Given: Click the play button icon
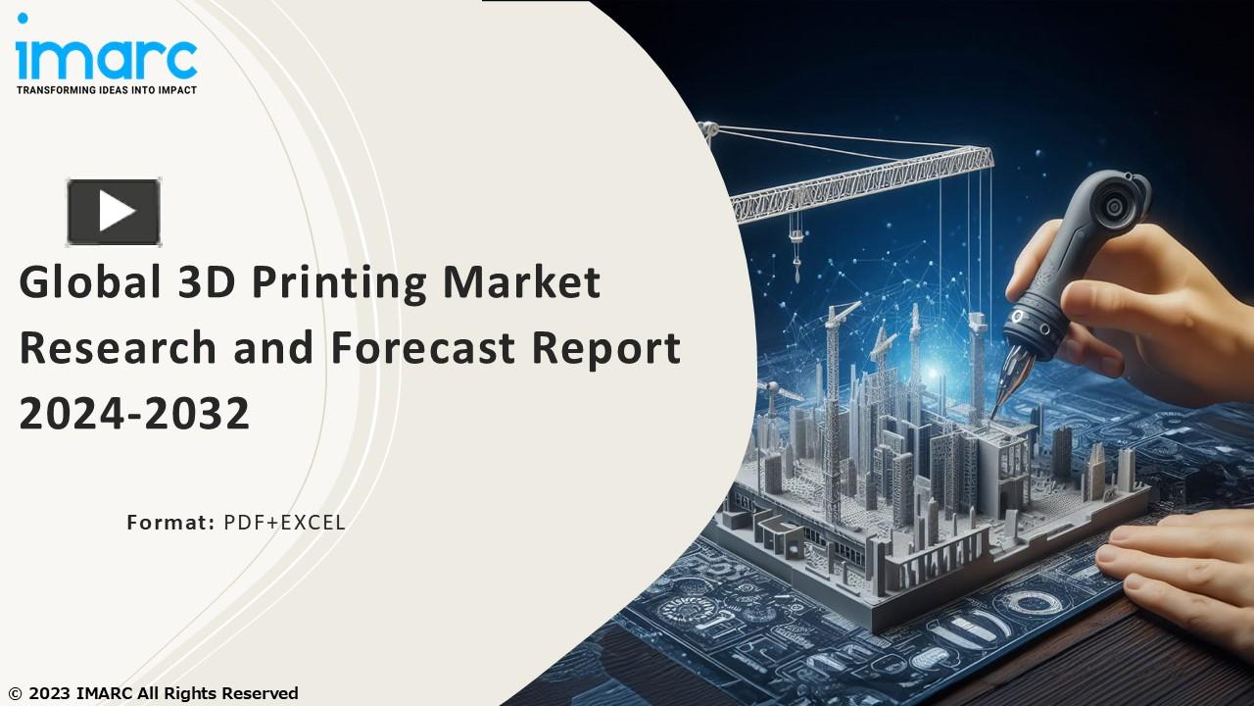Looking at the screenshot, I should click(x=114, y=212).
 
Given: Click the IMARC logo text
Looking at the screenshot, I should click(x=106, y=58).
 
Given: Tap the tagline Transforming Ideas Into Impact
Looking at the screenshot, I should click(x=106, y=90).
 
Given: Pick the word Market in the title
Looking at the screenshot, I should click(x=521, y=283).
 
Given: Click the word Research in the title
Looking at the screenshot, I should click(x=118, y=349).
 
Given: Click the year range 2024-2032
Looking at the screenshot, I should click(x=135, y=414).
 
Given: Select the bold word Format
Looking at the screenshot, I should click(x=169, y=523).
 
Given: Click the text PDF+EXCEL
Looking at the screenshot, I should click(x=284, y=523).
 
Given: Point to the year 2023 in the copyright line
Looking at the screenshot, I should click(x=49, y=693).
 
